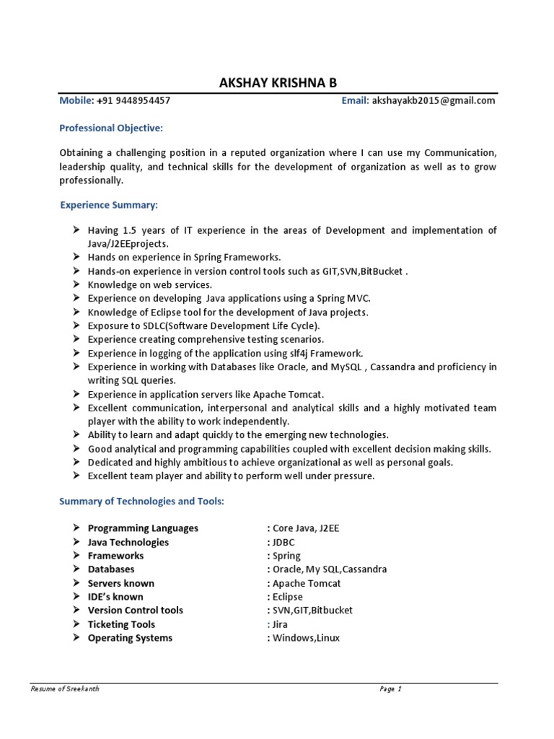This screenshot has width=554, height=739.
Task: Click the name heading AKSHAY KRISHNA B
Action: (x=278, y=84)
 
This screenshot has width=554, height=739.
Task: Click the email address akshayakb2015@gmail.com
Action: (x=434, y=101)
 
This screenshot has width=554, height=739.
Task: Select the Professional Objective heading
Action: (x=111, y=128)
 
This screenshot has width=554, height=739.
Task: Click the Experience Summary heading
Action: (x=108, y=205)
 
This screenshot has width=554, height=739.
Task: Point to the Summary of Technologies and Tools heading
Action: (x=142, y=502)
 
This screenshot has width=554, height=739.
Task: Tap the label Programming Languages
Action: (x=143, y=528)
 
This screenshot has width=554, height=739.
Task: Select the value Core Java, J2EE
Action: (x=305, y=528)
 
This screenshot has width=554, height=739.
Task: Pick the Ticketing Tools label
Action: (x=121, y=624)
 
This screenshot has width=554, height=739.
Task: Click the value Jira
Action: (x=280, y=624)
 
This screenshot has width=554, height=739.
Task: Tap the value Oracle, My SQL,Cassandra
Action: (x=329, y=569)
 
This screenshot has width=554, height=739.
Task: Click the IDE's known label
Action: (x=115, y=597)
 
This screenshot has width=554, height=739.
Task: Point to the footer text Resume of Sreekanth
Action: (x=65, y=689)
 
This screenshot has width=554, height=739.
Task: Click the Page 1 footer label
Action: (x=390, y=689)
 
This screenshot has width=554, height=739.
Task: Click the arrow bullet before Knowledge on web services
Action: (x=76, y=285)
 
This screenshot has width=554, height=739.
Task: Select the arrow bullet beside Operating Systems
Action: (x=76, y=638)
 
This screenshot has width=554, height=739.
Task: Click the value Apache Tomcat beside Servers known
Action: (x=307, y=583)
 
